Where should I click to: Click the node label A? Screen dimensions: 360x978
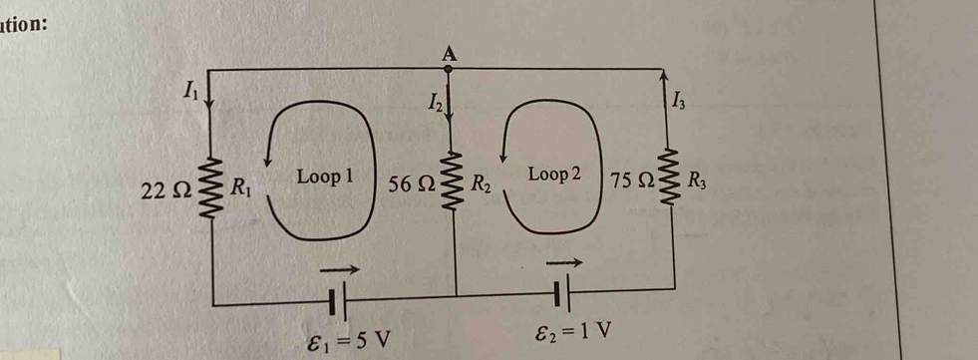coord(448,52)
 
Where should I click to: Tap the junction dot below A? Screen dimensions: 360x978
coord(449,70)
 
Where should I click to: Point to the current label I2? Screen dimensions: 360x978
coord(434,100)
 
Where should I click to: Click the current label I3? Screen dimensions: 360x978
coord(678,99)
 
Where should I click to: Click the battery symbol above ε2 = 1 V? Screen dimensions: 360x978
coord(565,294)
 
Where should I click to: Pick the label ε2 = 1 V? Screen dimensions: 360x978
coord(572,329)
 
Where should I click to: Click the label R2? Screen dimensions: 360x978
coord(482,183)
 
